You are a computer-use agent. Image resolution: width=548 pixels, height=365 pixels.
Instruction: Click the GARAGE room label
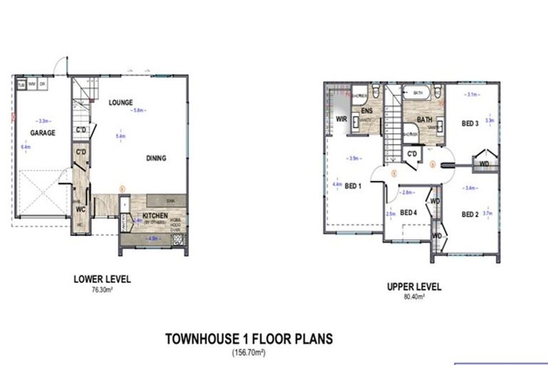click(x=42, y=133)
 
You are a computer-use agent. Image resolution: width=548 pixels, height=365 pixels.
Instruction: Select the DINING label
click(x=156, y=158)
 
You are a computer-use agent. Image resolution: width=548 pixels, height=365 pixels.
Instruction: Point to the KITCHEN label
click(x=155, y=215)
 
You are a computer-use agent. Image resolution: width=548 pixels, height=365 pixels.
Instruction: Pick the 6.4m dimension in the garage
click(x=26, y=147)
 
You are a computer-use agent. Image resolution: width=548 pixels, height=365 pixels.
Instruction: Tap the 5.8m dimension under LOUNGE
click(x=140, y=110)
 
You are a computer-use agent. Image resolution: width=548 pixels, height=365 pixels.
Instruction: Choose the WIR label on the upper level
click(x=341, y=120)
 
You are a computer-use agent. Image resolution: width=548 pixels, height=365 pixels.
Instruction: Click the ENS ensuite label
click(x=367, y=112)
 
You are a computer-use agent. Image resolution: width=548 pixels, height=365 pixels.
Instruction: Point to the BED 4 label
click(x=408, y=212)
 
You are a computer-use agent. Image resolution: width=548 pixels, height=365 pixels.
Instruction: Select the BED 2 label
click(x=469, y=215)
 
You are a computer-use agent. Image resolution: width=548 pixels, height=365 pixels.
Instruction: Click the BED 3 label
click(x=469, y=123)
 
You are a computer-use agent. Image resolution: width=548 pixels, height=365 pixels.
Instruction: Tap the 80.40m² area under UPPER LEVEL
click(x=414, y=295)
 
